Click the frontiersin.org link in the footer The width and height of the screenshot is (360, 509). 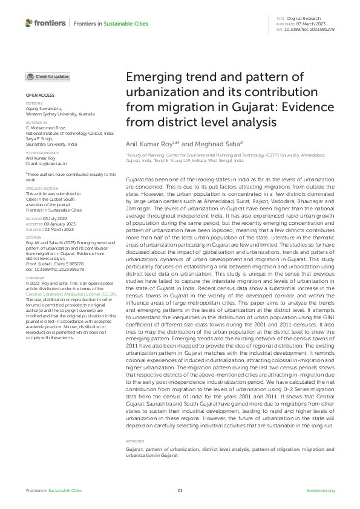tap(321, 490)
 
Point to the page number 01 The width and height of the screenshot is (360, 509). tap(180, 490)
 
